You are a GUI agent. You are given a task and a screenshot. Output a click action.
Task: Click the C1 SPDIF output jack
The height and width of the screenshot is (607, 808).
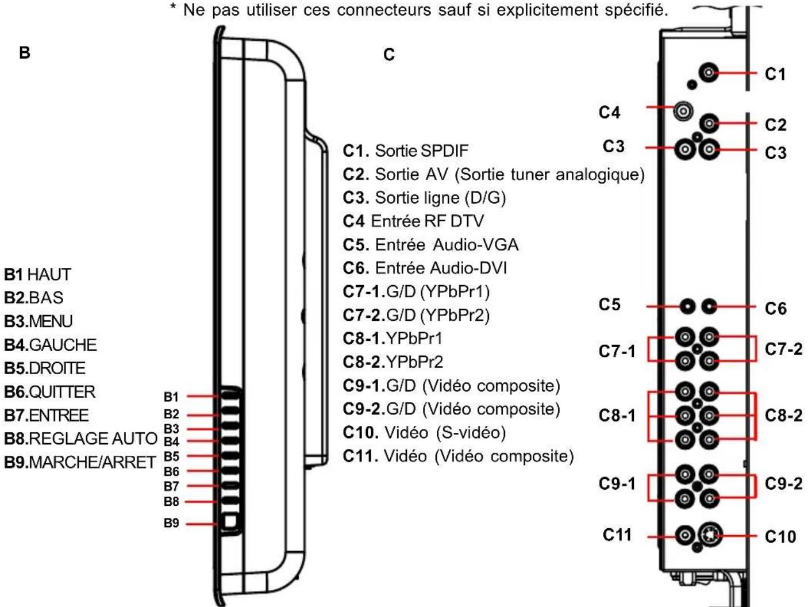point(709,72)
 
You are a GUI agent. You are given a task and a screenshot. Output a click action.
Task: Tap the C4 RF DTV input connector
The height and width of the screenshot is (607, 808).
point(683,111)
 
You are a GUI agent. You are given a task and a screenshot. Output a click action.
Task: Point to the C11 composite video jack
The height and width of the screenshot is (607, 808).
point(685,535)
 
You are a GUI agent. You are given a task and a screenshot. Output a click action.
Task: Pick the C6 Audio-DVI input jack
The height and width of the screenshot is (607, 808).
point(709,306)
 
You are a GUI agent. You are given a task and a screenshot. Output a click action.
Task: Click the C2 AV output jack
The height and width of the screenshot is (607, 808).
point(709,124)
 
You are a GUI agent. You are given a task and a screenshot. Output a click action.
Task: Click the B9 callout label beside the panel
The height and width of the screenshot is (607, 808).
point(171,523)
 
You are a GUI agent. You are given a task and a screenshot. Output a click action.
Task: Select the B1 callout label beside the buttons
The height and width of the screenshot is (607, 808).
point(171,397)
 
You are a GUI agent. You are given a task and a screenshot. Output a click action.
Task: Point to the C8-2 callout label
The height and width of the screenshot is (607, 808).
point(783,416)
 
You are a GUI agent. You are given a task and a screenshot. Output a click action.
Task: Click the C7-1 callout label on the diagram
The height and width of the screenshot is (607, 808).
point(617,351)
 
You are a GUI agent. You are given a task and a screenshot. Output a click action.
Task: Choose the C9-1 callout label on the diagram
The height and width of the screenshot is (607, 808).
point(617,483)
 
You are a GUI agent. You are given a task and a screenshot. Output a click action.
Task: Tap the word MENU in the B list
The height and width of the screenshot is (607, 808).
point(51,321)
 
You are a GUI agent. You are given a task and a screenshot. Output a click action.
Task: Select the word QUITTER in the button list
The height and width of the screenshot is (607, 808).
point(62,391)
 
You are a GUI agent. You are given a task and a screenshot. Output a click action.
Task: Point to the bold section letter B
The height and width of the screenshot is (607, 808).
point(25,53)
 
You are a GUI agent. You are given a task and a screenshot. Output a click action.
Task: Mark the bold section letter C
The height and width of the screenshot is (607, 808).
point(389,55)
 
